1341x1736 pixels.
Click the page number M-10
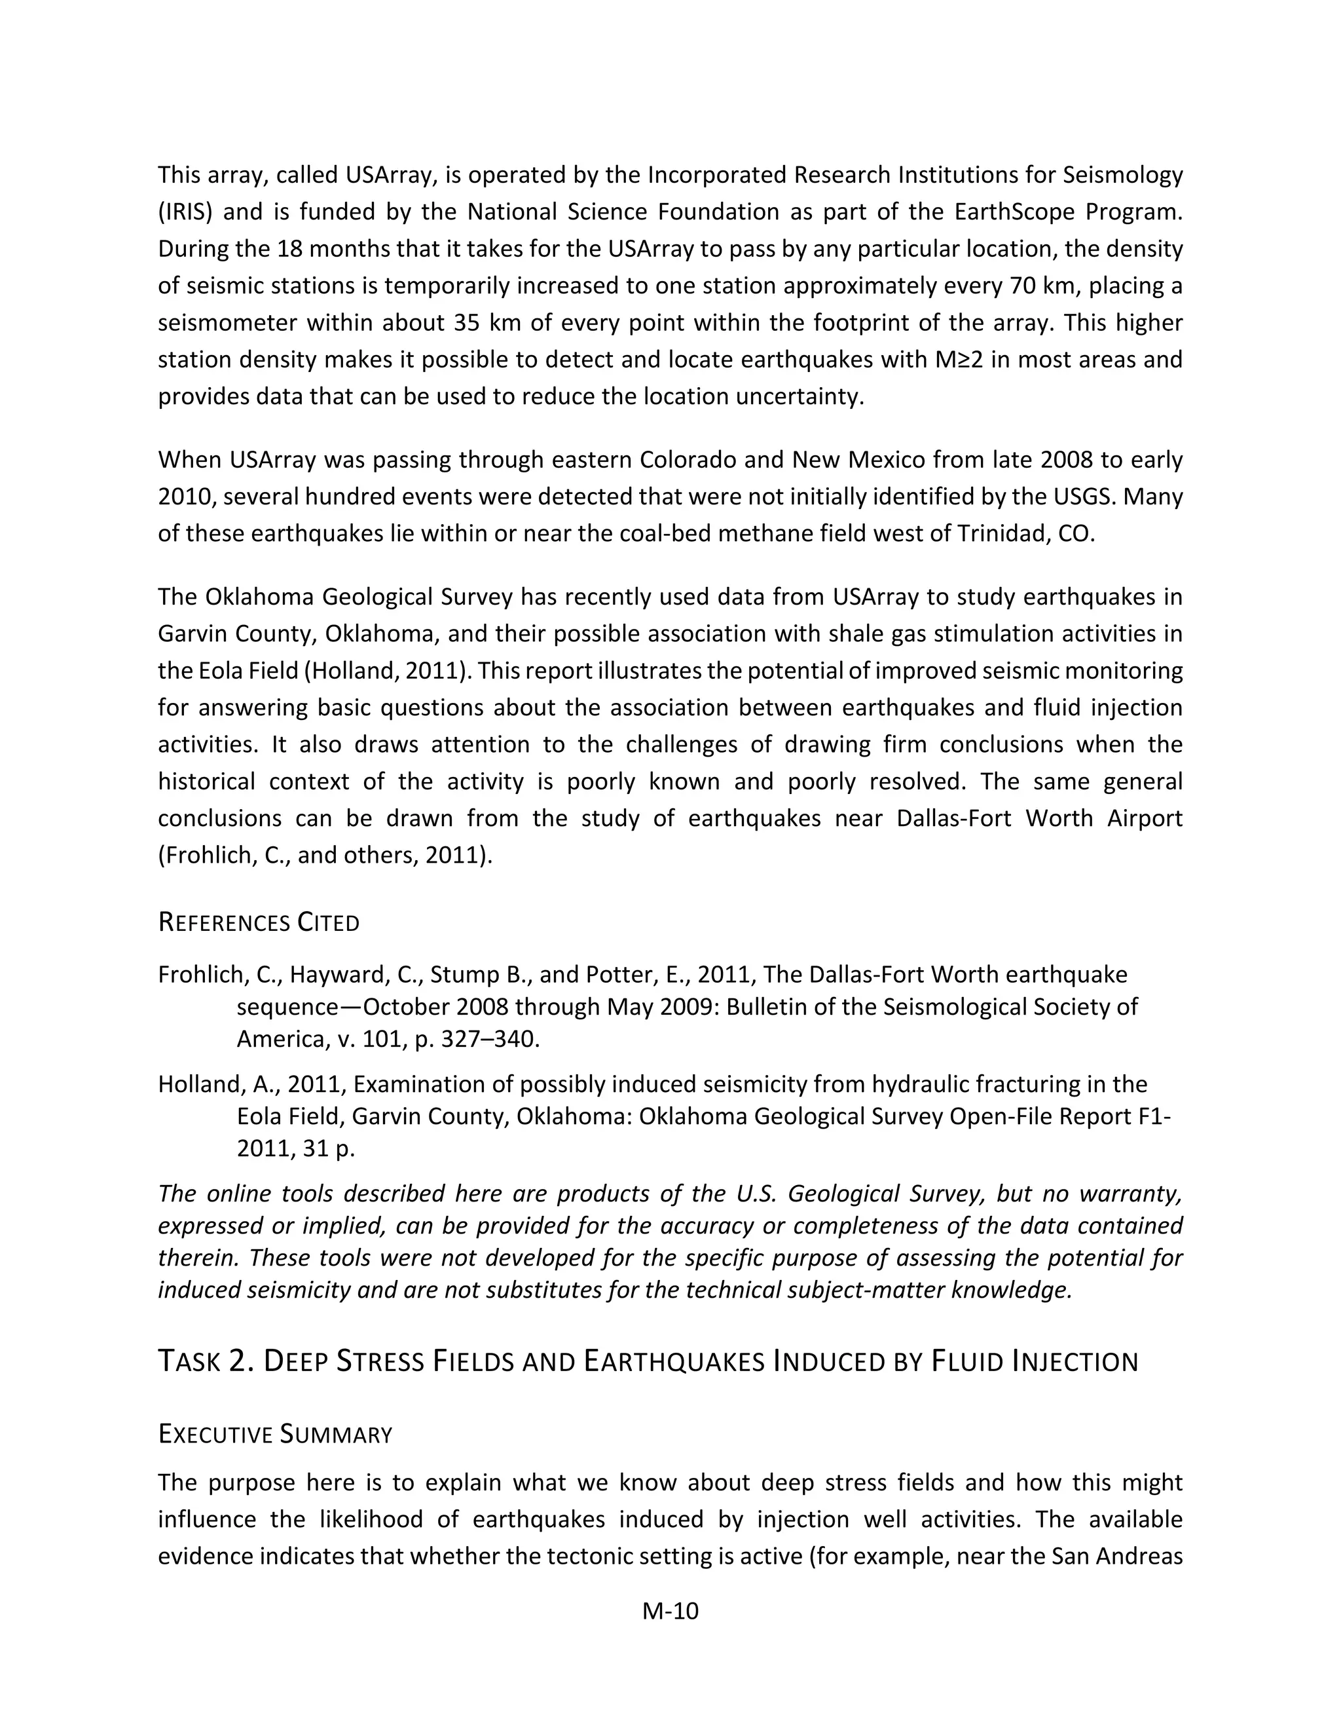point(670,1612)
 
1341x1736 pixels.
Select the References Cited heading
point(259,923)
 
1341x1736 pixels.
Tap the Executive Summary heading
point(275,1435)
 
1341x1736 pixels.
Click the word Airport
point(1144,819)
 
